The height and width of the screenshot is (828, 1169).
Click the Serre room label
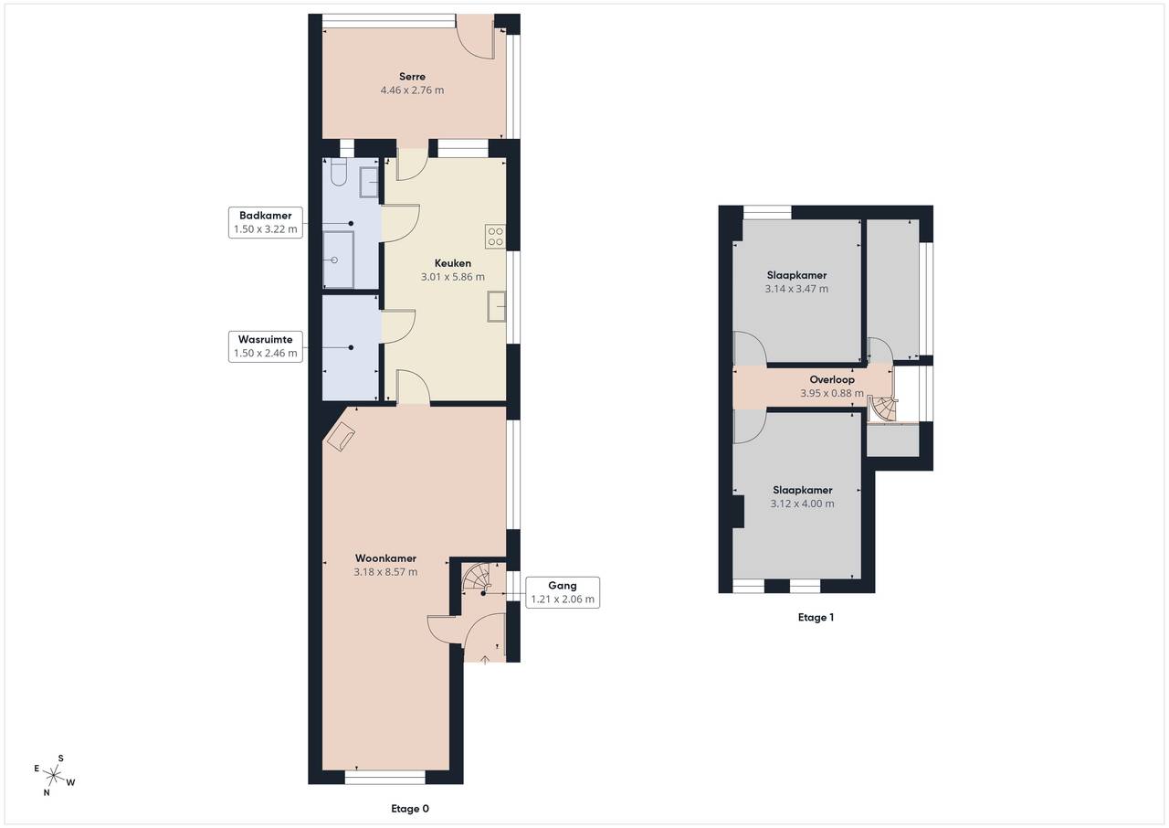coord(412,76)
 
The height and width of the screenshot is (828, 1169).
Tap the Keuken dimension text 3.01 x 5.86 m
coord(452,277)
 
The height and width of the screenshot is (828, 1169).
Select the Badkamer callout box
coord(265,222)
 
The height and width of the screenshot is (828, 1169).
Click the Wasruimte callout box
coord(265,346)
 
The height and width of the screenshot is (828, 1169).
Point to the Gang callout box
coord(562,592)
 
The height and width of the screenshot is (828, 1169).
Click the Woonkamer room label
coord(385,558)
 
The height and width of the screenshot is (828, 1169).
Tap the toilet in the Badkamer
coord(338,173)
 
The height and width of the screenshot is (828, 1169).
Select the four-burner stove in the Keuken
coord(495,237)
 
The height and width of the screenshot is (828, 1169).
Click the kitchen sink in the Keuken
coord(496,306)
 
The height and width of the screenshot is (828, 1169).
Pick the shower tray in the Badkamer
coord(338,260)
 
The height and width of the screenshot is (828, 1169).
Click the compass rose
coord(54,775)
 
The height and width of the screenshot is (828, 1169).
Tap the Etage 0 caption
coord(410,809)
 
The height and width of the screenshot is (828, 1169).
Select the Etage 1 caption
coord(816,618)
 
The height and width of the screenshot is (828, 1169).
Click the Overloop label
coord(832,379)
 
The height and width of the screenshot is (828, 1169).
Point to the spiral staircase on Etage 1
coord(882,409)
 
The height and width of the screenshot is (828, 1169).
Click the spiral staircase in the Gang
coord(477,577)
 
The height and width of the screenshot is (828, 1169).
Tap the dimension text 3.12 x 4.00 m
coord(802,504)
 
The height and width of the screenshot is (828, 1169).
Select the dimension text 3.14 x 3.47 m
coord(796,289)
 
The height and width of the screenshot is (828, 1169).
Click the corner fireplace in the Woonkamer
coord(341,437)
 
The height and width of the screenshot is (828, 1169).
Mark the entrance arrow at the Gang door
coord(485,660)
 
